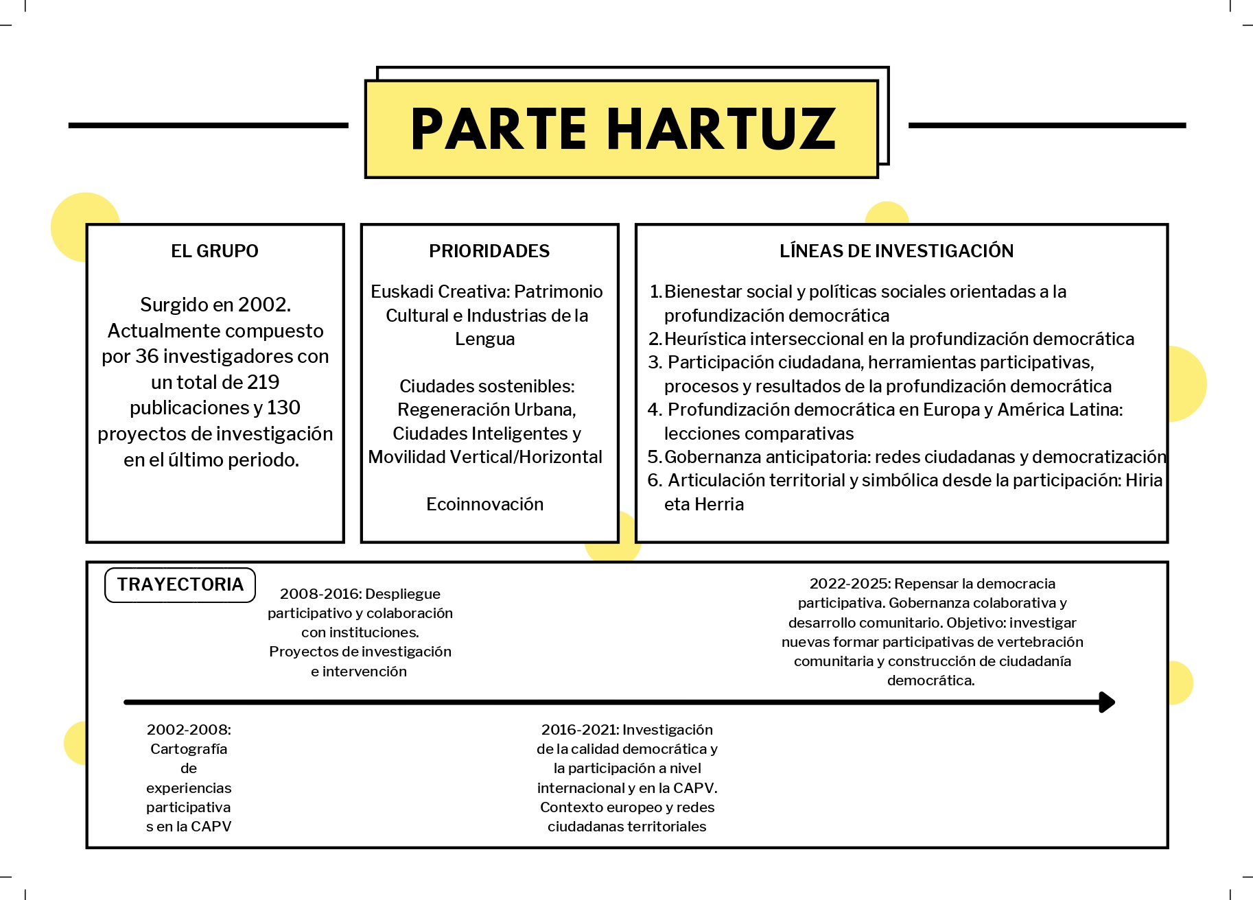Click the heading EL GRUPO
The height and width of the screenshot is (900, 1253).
pos(215,251)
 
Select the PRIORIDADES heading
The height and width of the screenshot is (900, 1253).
pos(489,251)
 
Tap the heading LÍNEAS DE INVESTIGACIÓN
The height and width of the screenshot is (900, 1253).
pos(896,251)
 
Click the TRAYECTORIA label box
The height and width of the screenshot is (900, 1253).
pos(180,584)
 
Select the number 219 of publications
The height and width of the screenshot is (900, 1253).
pos(264,382)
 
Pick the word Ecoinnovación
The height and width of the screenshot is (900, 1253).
pos(484,504)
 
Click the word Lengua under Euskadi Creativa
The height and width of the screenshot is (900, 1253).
pos(484,339)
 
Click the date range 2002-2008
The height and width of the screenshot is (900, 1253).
pos(189,730)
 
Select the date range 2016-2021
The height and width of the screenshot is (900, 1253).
pos(580,730)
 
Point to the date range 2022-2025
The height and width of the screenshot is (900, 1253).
pos(849,584)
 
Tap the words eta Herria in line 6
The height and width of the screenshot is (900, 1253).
pos(704,504)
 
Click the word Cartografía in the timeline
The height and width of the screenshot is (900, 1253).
pos(189,749)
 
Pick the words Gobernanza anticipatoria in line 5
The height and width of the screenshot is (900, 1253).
pos(764,457)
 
